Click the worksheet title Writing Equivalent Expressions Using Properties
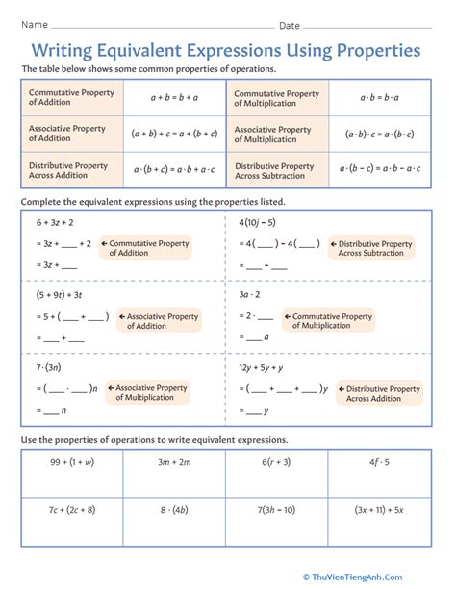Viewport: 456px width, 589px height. pyautogui.click(x=228, y=49)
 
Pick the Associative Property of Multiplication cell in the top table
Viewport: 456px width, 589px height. pyautogui.click(x=277, y=134)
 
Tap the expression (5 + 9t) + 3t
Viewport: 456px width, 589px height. pyautogui.click(x=60, y=294)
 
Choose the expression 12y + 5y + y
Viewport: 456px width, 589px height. pyautogui.click(x=268, y=367)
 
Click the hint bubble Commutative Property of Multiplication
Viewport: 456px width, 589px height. pyautogui.click(x=332, y=321)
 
